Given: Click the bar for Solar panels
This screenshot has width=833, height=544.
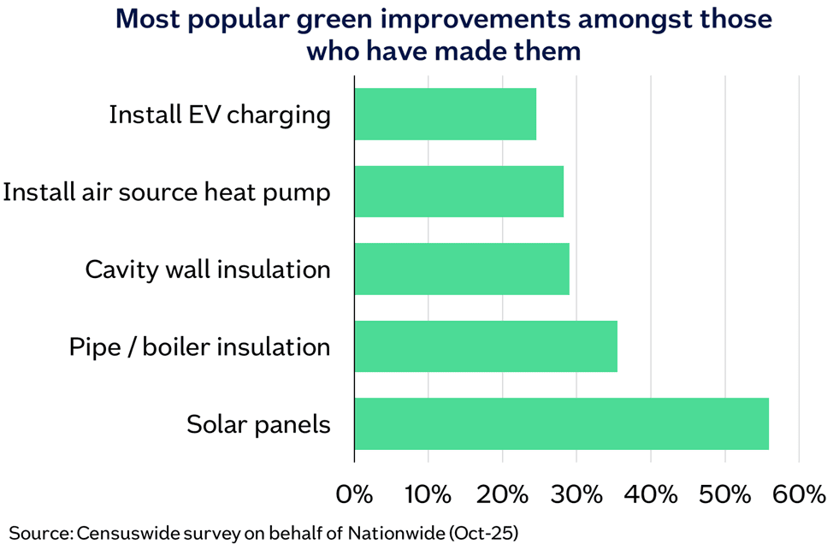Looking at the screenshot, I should (561, 423).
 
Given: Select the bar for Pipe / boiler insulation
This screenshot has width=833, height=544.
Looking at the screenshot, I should (486, 346).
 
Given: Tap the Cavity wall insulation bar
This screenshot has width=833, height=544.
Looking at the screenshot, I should (462, 269).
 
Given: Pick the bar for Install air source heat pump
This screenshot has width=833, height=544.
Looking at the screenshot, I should (458, 192).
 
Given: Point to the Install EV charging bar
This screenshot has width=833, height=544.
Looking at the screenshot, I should (445, 115).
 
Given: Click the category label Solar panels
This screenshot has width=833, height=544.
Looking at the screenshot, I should (258, 423).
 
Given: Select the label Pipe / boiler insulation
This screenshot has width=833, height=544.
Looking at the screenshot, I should (199, 346).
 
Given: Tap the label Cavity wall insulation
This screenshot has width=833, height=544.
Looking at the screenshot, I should (208, 269).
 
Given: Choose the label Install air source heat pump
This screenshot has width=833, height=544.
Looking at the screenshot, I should (167, 192).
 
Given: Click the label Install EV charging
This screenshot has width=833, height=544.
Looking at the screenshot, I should (220, 115).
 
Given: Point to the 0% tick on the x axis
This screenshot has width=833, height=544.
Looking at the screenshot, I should (354, 494).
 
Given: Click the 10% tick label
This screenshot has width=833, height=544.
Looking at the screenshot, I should (428, 494).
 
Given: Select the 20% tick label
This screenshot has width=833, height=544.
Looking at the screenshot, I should (502, 494).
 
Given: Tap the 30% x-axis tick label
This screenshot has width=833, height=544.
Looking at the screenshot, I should (576, 494).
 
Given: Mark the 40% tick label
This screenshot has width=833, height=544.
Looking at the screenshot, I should (651, 494).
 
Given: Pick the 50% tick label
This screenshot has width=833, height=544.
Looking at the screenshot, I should (725, 494).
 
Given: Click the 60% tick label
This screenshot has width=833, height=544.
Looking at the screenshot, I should (799, 494).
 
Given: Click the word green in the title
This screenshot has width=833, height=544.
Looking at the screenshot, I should (361, 19).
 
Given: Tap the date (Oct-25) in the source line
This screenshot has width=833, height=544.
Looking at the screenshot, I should (484, 532).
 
